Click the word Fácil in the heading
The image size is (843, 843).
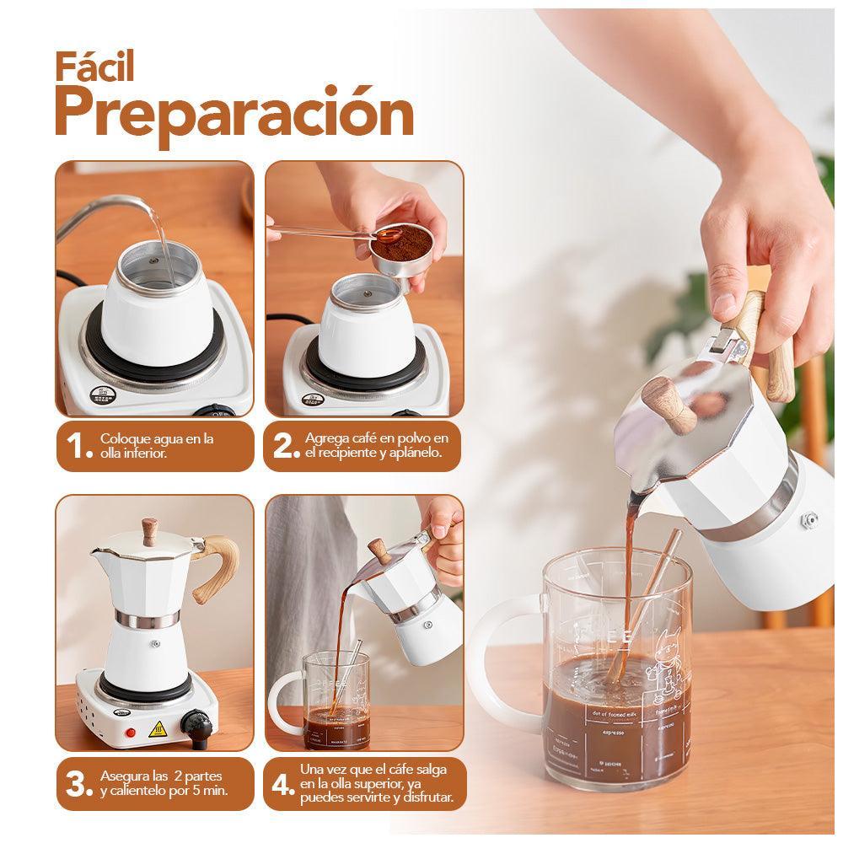(x=95, y=67)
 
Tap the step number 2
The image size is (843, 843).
(x=287, y=447)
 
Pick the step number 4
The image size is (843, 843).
(x=283, y=782)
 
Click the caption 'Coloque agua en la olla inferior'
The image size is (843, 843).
(x=157, y=446)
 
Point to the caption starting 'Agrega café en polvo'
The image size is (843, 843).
(x=377, y=446)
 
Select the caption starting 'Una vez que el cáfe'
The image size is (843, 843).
(x=376, y=783)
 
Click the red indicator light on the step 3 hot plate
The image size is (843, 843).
(x=131, y=733)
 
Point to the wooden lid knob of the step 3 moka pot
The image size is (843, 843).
(x=151, y=529)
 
